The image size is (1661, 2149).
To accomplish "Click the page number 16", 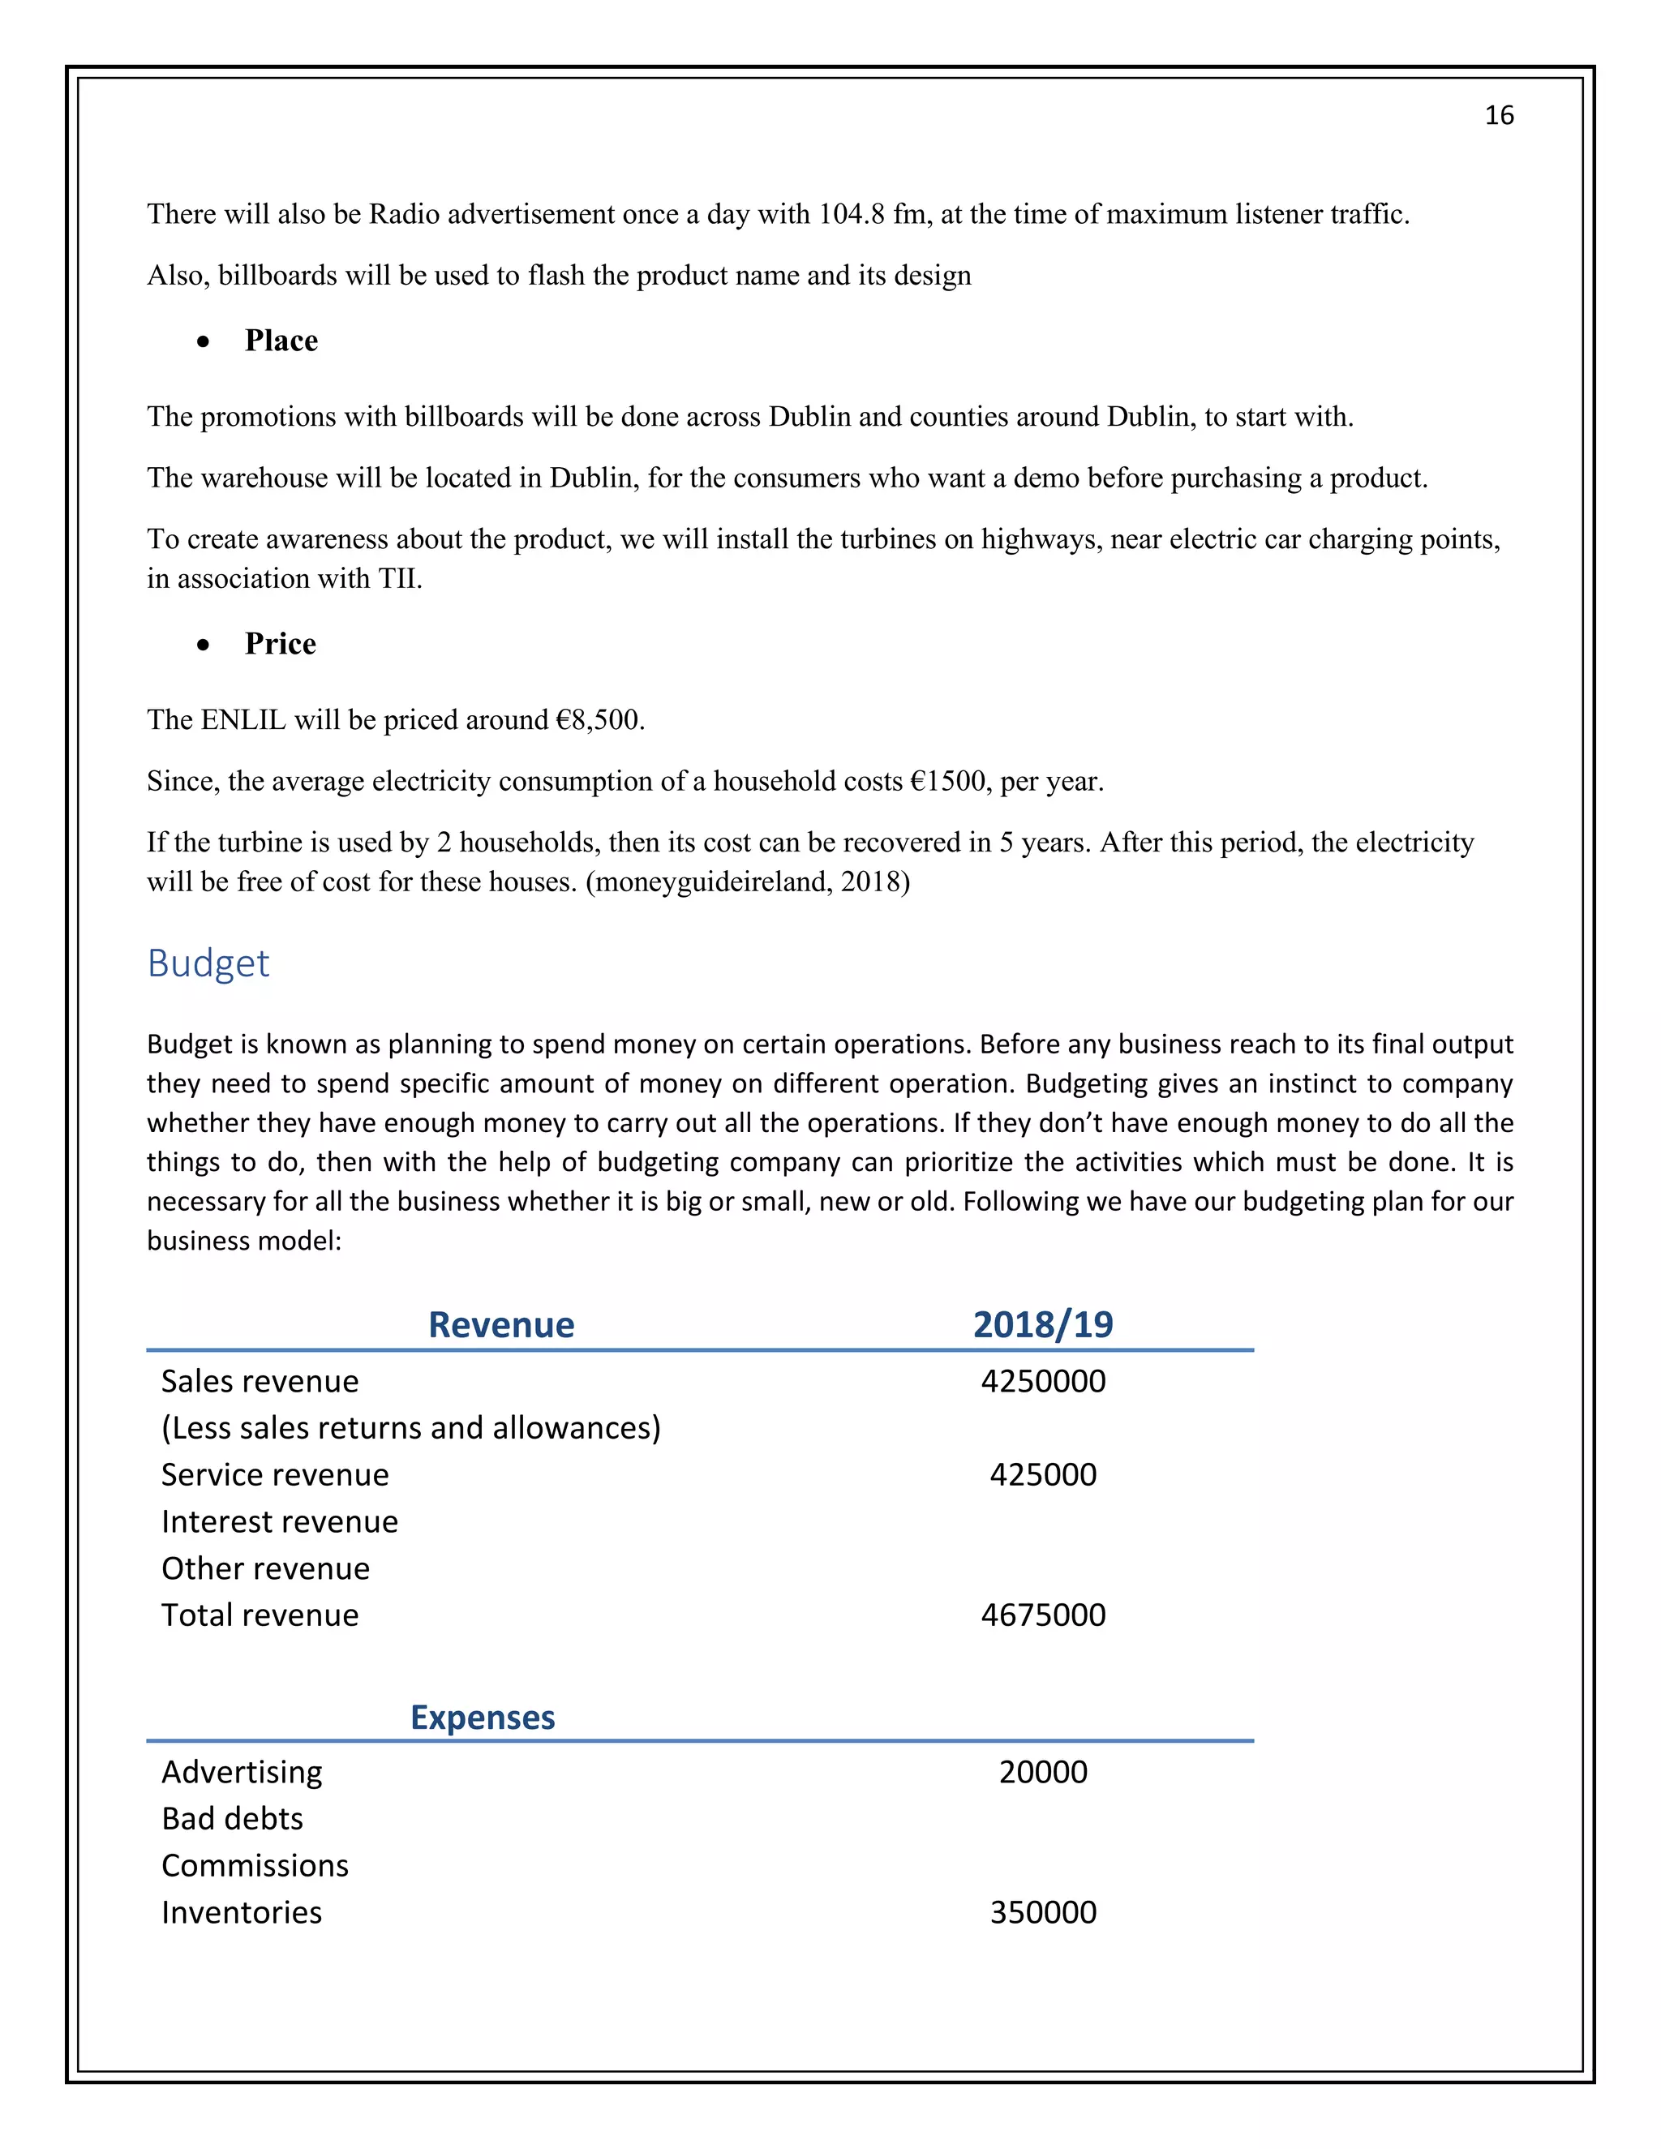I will [1498, 116].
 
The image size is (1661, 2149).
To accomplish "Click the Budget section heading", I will [208, 963].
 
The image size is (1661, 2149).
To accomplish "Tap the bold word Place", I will [281, 341].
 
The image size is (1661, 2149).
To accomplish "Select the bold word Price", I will [281, 644].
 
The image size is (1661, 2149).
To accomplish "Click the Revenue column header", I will [501, 1324].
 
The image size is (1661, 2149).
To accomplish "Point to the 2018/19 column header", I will [1042, 1324].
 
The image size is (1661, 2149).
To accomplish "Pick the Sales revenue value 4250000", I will [1042, 1382].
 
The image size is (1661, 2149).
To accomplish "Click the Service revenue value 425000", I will [1042, 1475].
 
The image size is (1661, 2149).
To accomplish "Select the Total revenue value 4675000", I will [1042, 1615].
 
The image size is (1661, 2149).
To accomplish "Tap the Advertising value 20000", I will [1042, 1772].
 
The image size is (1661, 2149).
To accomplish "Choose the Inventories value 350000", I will [1042, 1912].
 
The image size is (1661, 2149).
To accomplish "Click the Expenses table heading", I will [483, 1717].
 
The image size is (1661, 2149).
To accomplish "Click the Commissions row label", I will [255, 1866].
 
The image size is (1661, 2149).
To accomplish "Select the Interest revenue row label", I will [280, 1522].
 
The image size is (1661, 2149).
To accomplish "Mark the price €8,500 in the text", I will [599, 720].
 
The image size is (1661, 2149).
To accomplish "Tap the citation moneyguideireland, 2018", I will [748, 881].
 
